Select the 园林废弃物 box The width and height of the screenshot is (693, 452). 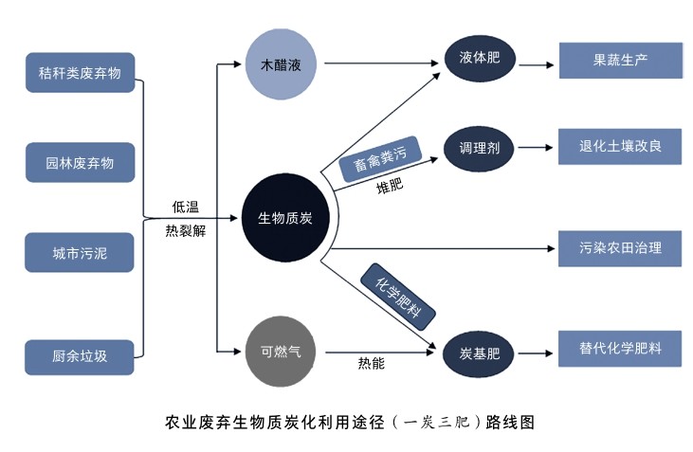[x=80, y=162]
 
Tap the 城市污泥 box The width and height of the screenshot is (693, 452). [x=80, y=253]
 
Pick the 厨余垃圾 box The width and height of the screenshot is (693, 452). [x=80, y=355]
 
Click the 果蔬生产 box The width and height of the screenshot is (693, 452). [x=620, y=59]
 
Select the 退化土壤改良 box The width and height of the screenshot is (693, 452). [x=620, y=147]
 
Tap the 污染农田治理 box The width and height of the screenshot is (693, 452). [x=620, y=248]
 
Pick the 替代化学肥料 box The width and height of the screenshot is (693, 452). [x=620, y=348]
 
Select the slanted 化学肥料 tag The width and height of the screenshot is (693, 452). [x=398, y=298]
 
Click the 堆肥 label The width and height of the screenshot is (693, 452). [x=390, y=185]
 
